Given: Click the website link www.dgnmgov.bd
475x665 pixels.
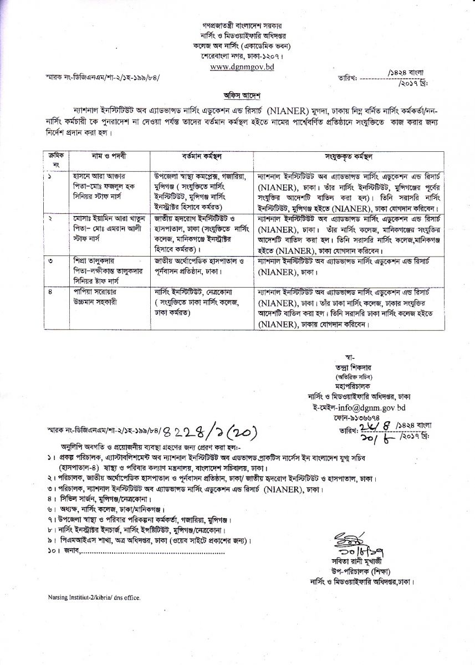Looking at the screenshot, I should (x=238, y=67).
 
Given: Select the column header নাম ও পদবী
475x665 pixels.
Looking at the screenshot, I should (x=104, y=157).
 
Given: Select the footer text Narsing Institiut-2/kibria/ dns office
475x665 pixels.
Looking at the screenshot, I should (x=94, y=598).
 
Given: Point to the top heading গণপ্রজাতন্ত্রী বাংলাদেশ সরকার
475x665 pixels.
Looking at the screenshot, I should (x=237, y=26).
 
